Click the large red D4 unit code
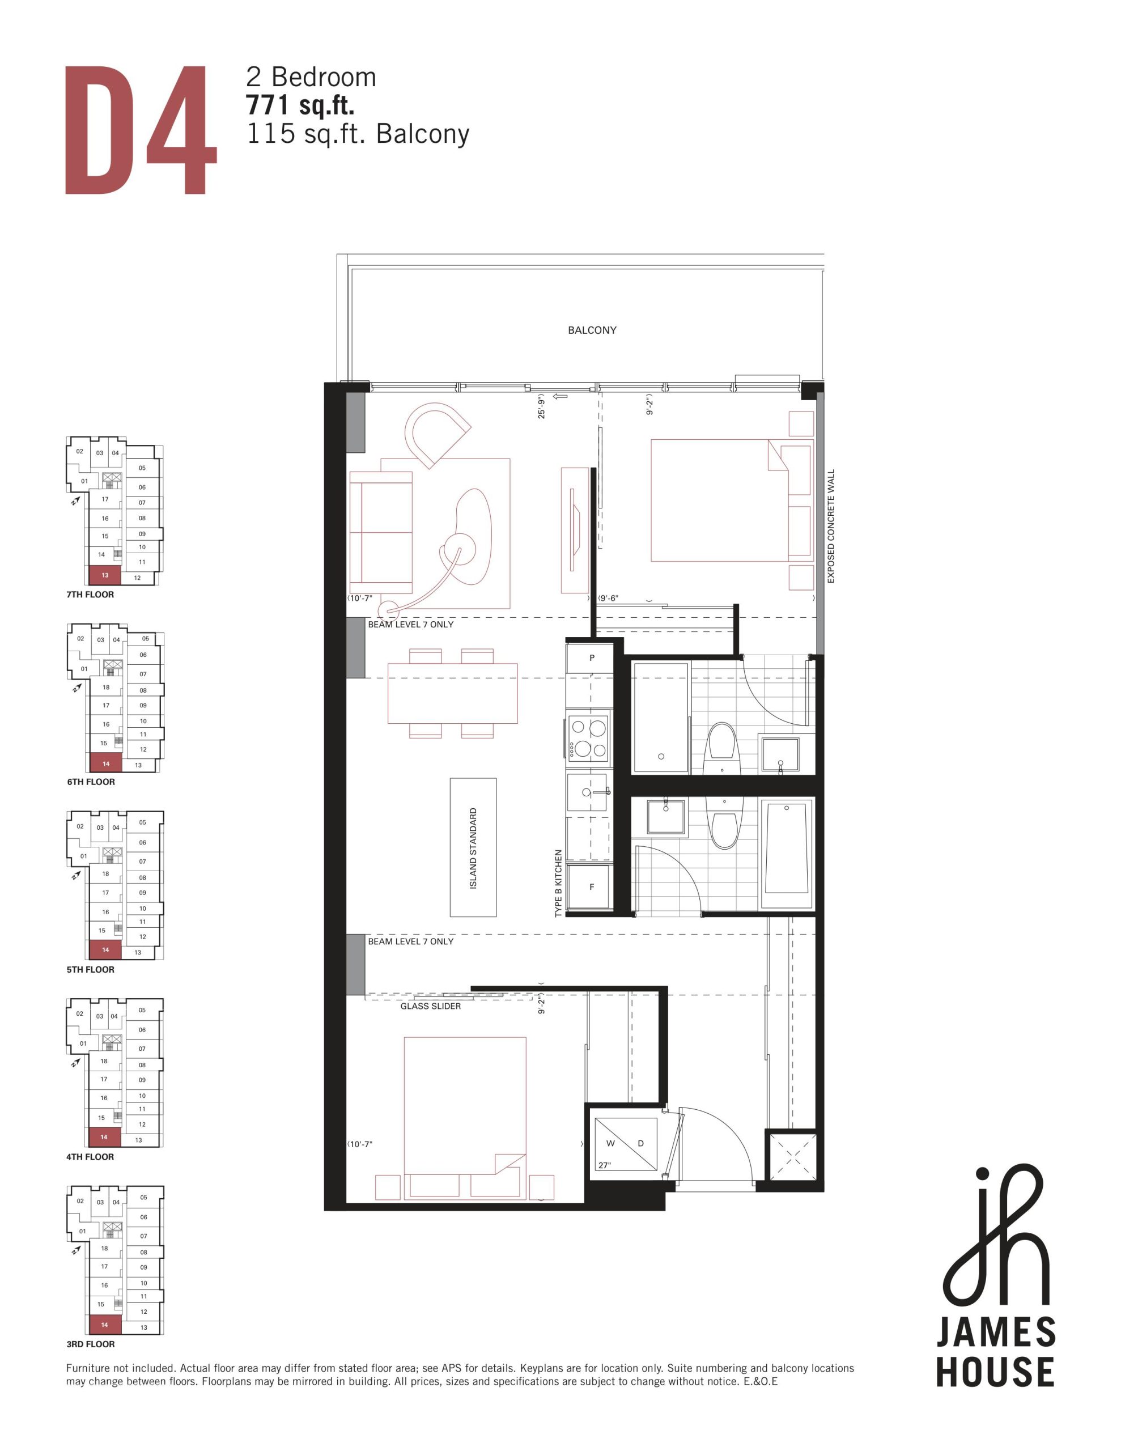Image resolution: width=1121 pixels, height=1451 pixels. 141,130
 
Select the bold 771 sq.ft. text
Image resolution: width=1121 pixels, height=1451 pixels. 300,105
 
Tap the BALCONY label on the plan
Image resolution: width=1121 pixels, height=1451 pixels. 592,330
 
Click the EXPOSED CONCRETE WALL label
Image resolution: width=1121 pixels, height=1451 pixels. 831,526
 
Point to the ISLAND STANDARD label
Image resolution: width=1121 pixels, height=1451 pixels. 473,848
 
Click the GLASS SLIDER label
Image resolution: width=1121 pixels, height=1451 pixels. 431,1006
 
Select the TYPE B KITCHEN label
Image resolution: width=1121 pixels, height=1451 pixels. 558,884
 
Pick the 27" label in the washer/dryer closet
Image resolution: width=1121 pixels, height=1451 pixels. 604,1165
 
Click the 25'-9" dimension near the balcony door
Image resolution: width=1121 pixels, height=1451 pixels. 542,406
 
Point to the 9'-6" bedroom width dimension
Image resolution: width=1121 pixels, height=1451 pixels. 608,598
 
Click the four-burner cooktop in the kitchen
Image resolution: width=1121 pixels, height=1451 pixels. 589,737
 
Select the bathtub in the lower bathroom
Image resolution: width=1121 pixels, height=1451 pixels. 787,854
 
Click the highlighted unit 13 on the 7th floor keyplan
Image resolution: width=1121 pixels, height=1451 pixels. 105,575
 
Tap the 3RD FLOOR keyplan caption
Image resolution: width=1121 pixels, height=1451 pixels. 90,1344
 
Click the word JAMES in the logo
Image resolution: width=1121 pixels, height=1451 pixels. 995,1333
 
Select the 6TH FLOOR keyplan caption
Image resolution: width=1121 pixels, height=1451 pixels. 91,782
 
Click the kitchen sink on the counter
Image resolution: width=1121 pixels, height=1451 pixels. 587,792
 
